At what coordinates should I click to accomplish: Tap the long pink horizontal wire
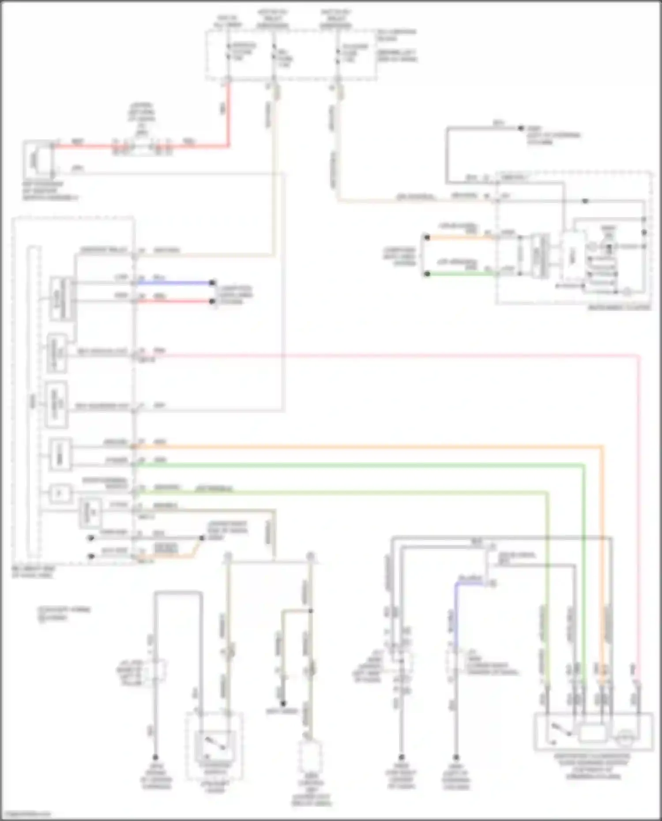(397, 355)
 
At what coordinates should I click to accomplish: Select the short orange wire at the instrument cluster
(459, 238)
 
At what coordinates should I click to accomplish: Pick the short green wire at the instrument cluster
(459, 274)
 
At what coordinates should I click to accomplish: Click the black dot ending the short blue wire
(212, 283)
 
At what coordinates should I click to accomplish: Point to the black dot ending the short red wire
(212, 302)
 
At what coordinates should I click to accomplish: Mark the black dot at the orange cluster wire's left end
(427, 238)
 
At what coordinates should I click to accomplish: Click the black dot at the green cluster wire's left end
(427, 274)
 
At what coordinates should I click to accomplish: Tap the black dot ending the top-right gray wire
(521, 128)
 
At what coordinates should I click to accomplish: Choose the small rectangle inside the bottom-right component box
(593, 734)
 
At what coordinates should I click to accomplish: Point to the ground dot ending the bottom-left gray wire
(155, 757)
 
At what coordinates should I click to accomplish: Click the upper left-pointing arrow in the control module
(91, 538)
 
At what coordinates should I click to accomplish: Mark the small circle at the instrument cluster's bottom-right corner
(627, 292)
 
